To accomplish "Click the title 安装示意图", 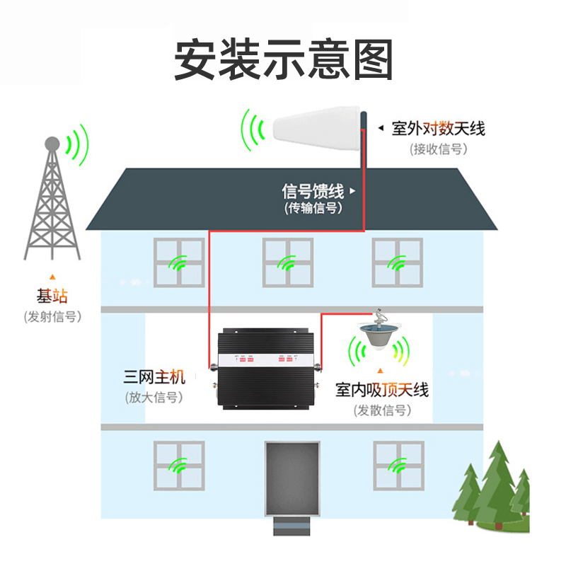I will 283,59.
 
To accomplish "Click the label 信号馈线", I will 312,191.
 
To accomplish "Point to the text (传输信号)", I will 312,208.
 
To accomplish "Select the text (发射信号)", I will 52,316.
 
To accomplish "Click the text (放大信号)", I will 154,397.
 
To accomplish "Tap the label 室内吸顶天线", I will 382,390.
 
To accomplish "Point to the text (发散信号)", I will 382,410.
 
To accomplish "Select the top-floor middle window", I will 288,262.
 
